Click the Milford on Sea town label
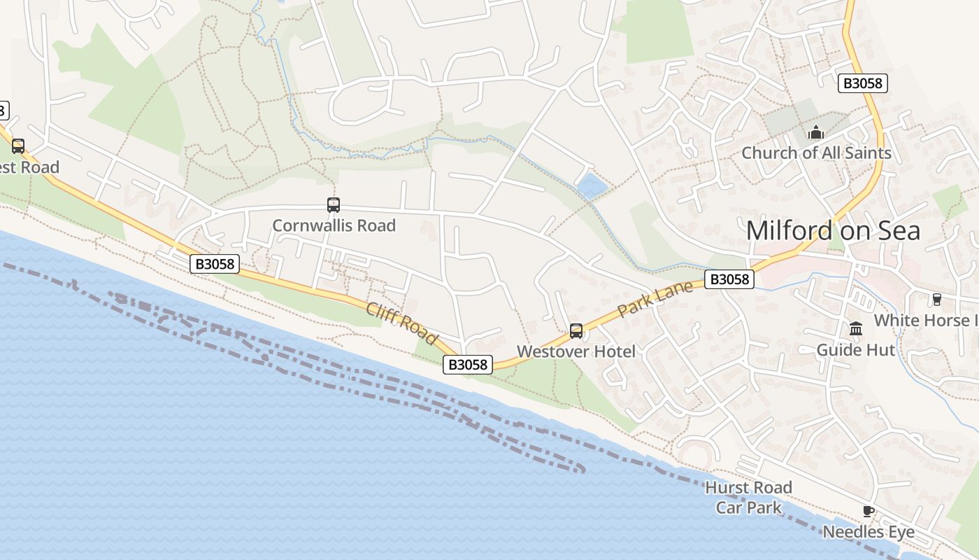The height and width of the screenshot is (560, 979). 833,230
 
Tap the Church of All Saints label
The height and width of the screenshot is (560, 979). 816,153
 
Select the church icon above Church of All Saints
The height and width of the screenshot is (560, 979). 815,132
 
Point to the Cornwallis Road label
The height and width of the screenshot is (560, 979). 334,225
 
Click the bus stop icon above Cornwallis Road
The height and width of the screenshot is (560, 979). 334,205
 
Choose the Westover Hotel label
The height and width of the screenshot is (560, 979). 576,351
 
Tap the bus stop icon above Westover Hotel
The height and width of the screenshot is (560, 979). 576,331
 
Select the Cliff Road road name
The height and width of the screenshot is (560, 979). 401,324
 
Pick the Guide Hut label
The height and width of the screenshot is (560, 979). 856,349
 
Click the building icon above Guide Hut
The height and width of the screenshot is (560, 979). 856,329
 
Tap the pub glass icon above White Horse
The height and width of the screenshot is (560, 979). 937,300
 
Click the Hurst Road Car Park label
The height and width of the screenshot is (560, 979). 748,497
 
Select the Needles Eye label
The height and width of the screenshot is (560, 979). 869,532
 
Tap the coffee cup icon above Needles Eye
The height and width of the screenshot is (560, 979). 869,512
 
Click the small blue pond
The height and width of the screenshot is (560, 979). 592,186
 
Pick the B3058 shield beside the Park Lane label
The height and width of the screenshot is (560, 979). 729,279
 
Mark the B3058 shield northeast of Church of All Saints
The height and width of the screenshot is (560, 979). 862,83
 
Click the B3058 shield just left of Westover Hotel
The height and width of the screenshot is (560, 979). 468,365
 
